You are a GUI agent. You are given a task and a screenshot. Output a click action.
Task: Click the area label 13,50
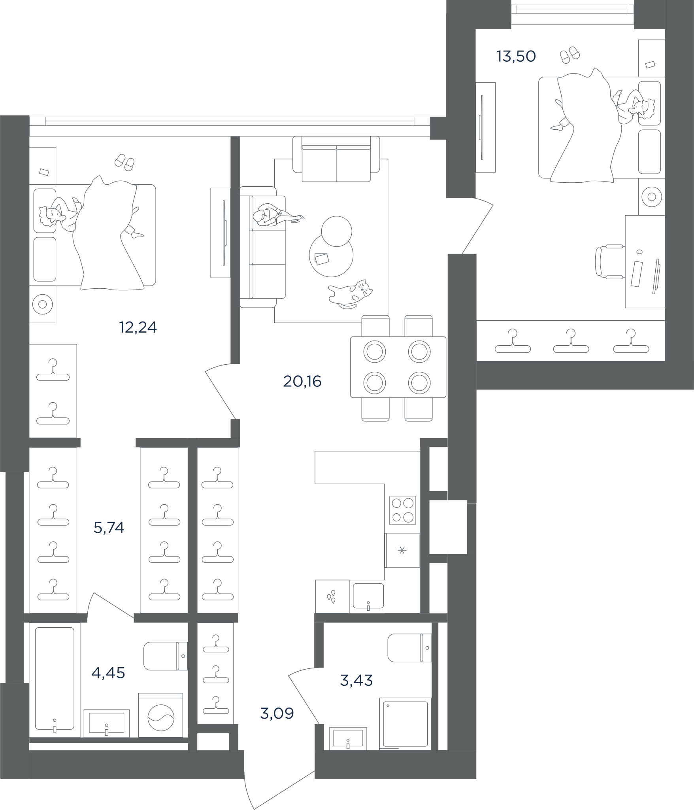516,57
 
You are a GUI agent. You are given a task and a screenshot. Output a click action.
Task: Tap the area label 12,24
138,327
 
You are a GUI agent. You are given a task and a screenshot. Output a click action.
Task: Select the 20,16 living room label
302,381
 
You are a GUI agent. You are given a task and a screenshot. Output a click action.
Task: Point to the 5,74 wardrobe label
109,528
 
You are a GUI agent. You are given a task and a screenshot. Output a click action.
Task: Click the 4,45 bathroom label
108,672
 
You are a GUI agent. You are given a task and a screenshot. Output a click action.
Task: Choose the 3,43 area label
356,680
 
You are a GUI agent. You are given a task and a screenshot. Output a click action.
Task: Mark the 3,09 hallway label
277,713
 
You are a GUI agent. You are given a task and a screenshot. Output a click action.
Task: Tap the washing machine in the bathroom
160,715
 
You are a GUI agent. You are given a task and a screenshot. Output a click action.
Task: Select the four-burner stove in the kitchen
402,510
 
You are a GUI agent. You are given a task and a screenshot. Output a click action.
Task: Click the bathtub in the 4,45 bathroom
55,678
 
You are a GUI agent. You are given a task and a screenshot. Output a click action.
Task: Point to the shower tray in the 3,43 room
405,724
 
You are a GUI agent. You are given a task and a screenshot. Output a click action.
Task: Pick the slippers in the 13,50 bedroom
570,55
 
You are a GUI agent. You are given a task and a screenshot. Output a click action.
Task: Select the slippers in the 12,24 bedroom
124,163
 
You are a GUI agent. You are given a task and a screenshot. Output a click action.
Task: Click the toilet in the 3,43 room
409,648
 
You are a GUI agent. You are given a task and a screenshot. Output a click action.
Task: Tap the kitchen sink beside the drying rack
368,596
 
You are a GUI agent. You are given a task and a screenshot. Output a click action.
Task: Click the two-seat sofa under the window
336,159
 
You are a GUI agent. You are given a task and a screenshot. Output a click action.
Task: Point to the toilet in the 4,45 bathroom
165,656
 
